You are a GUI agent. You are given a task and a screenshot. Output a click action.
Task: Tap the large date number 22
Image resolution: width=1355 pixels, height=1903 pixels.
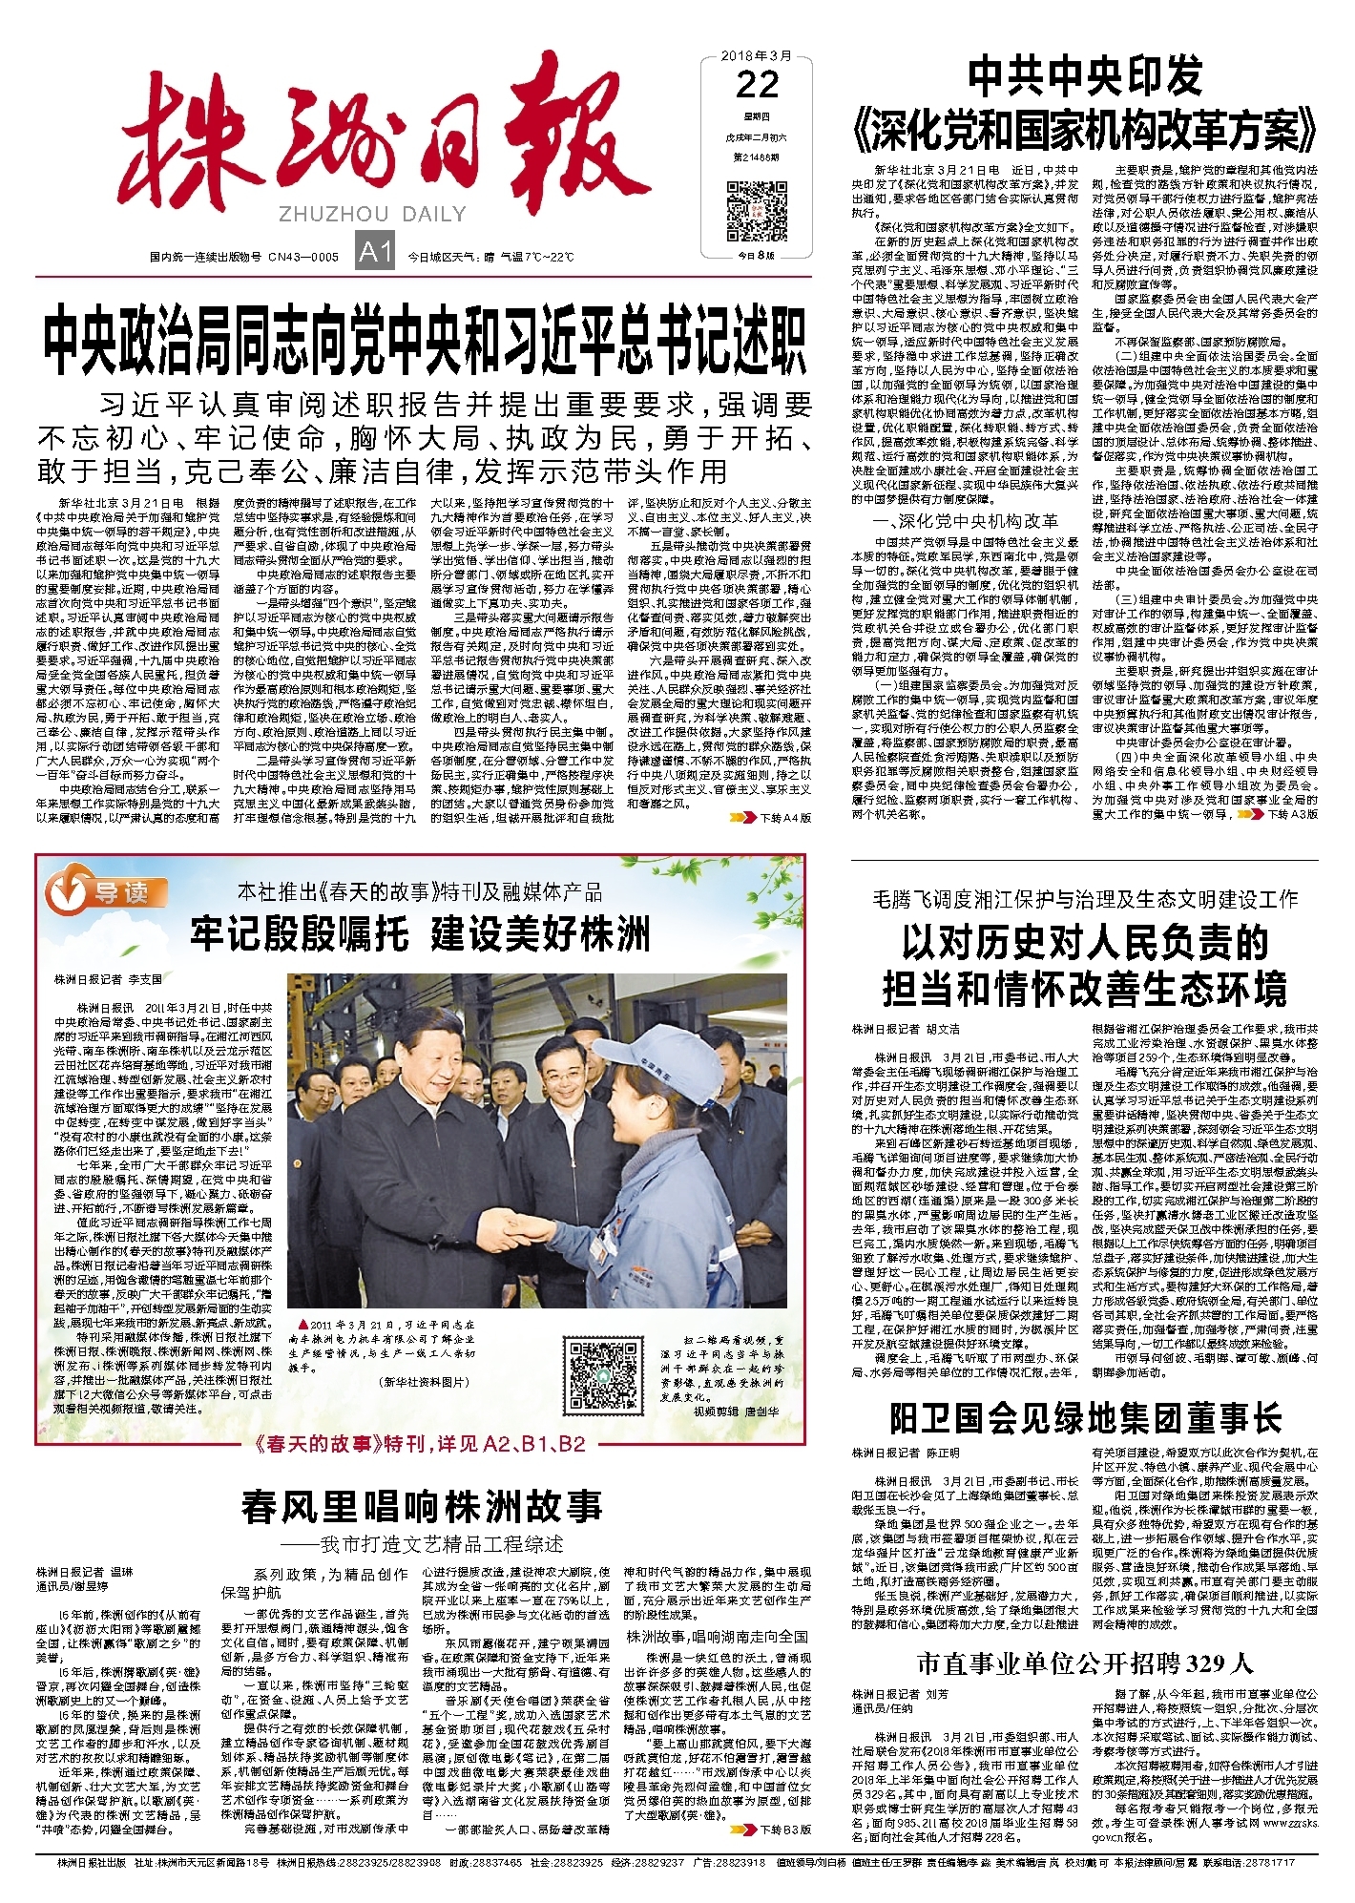[758, 86]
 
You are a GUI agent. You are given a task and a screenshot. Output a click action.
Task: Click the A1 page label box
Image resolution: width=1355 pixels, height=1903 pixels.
[375, 252]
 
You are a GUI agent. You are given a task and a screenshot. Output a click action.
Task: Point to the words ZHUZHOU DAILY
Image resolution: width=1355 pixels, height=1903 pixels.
[373, 214]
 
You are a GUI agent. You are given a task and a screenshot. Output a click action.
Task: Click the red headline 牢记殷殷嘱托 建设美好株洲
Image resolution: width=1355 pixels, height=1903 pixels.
[420, 932]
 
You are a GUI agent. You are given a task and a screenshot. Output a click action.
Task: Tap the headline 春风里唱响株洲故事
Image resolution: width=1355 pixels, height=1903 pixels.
[422, 1507]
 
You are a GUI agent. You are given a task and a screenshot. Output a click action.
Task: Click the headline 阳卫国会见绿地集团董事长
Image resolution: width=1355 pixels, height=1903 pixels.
[1085, 1419]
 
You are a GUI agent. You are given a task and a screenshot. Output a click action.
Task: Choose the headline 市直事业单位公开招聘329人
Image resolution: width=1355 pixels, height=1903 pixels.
[1085, 1663]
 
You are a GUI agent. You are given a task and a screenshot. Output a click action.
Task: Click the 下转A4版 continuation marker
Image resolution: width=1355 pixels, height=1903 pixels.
[771, 818]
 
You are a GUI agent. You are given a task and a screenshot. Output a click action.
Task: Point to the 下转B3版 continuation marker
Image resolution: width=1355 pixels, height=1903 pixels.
[771, 1830]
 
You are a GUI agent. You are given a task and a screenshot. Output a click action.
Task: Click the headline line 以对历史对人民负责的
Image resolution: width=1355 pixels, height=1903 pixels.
[1085, 943]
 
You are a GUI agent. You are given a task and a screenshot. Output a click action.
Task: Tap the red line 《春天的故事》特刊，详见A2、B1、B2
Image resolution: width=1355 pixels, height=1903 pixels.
[420, 1444]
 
